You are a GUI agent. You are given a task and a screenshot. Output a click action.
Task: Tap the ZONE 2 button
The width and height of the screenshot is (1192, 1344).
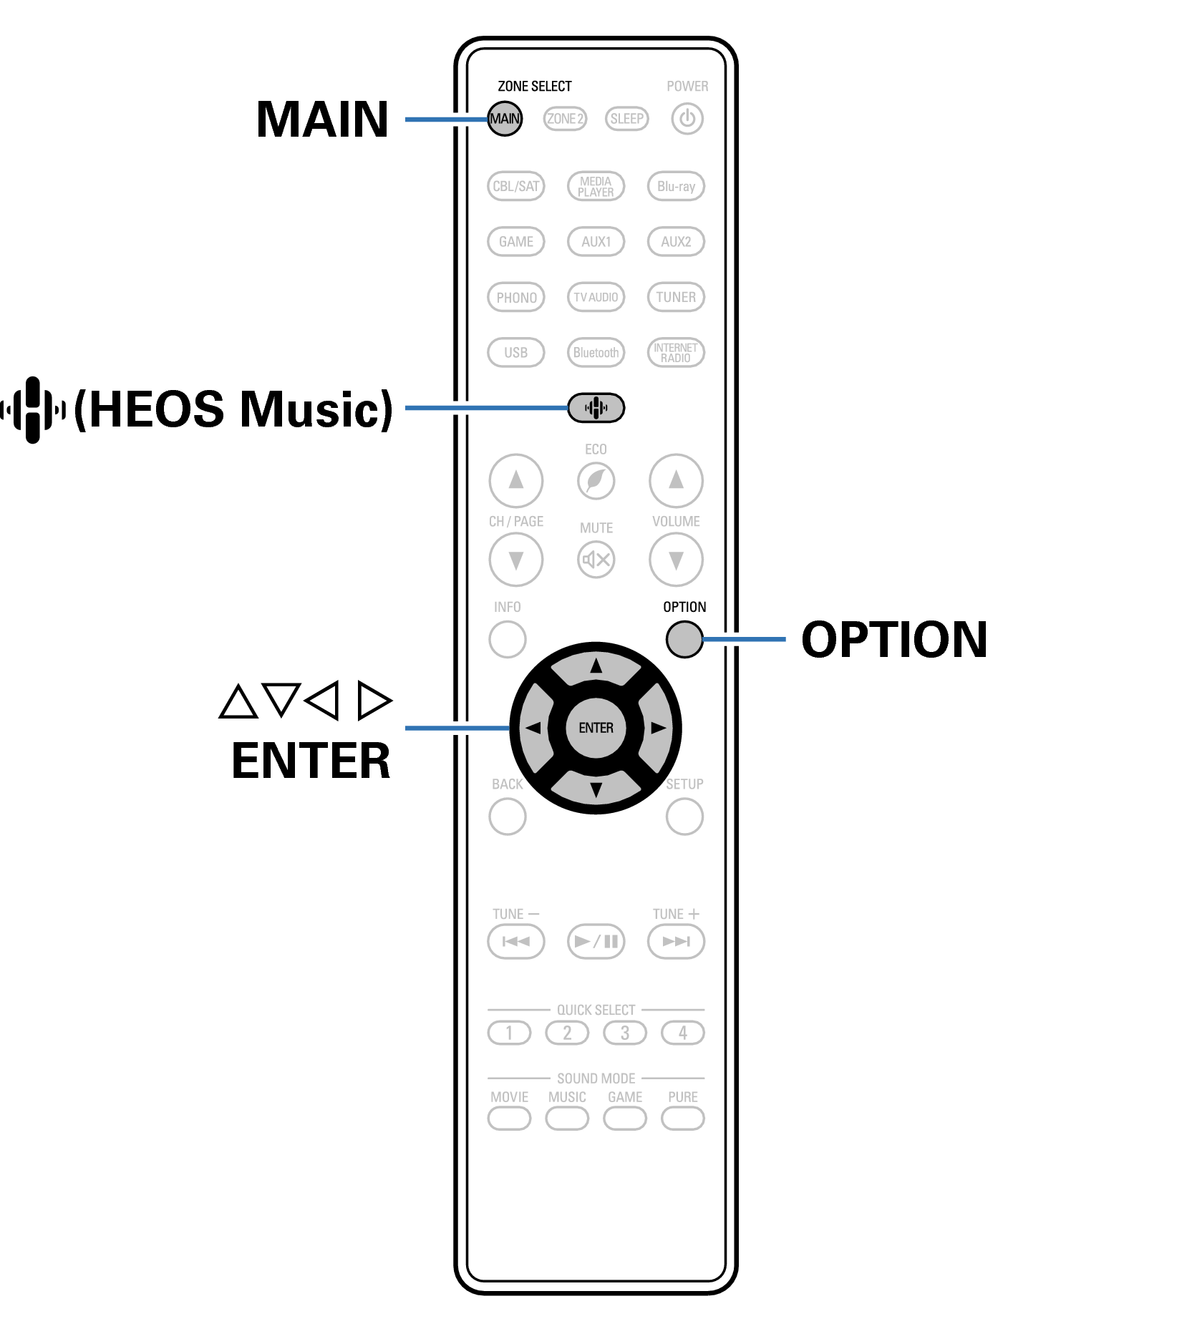pyautogui.click(x=565, y=119)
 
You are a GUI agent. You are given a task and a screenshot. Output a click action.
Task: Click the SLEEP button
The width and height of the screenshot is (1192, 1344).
pyautogui.click(x=626, y=119)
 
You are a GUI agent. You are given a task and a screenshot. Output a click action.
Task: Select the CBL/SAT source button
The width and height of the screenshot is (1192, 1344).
pyautogui.click(x=515, y=186)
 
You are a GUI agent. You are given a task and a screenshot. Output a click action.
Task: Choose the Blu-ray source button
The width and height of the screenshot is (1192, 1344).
pyautogui.click(x=676, y=186)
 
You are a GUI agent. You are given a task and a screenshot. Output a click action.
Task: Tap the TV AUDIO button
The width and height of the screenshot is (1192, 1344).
pyautogui.click(x=596, y=297)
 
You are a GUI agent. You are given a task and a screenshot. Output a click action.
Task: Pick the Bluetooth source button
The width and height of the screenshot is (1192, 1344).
pyautogui.click(x=596, y=352)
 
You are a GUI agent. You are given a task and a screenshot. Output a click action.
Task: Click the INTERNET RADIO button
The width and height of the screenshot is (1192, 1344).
pyautogui.click(x=676, y=352)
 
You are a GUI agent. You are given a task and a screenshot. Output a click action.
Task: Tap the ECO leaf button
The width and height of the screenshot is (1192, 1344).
pyautogui.click(x=596, y=480)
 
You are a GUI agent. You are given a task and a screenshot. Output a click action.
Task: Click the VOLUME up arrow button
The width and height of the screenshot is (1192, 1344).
pyautogui.click(x=676, y=480)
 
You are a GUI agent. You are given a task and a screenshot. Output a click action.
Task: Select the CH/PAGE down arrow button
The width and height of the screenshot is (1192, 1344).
pyautogui.click(x=515, y=559)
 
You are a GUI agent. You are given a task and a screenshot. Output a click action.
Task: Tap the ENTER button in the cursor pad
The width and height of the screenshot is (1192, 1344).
pyautogui.click(x=596, y=728)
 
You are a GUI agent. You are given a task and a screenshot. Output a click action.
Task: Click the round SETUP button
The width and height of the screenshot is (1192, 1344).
pyautogui.click(x=684, y=816)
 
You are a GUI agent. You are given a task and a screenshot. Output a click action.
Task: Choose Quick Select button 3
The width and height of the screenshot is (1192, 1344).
pyautogui.click(x=625, y=1033)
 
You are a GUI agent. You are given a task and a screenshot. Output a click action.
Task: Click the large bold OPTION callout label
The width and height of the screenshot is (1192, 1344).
pyautogui.click(x=894, y=639)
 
